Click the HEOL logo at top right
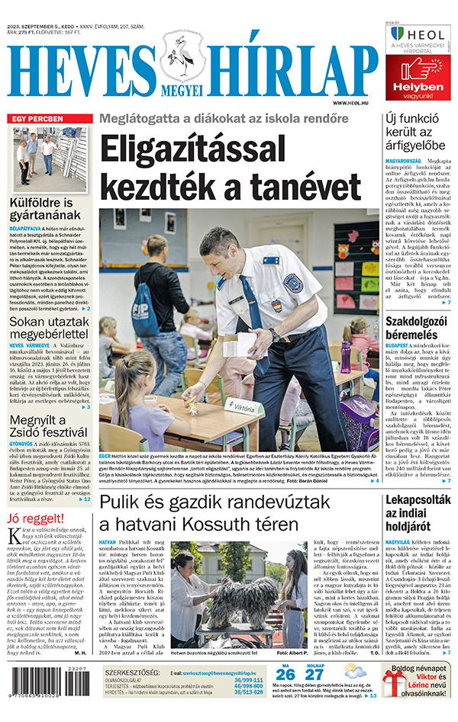coord(418,34)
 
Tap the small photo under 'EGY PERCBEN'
coord(47,161)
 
